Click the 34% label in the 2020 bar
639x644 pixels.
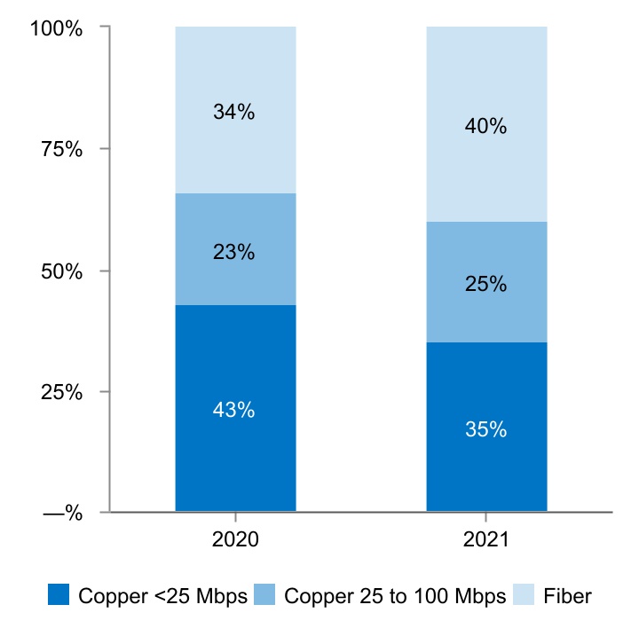coord(234,113)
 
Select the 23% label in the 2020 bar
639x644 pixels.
coord(234,252)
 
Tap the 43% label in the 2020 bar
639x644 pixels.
coord(234,411)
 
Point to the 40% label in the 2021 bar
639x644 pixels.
coord(485,127)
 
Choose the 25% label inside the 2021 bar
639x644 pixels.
coord(485,285)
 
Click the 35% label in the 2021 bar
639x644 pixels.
coord(485,430)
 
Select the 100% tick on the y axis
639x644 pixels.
coord(56,29)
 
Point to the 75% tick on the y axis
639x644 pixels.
coord(61,150)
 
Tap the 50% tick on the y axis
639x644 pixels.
coord(61,271)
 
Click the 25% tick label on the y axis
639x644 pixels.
coord(61,392)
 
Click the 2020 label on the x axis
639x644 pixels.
coord(234,540)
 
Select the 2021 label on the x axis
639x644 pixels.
coord(485,540)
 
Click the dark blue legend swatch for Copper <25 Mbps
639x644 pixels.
coord(59,595)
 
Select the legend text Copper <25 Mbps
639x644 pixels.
coord(163,596)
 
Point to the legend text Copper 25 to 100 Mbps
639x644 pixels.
coord(395,596)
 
